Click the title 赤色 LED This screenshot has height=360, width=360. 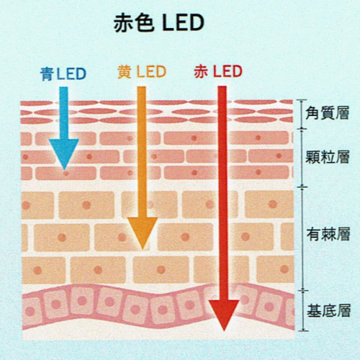[158, 23]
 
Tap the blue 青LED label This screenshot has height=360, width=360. [63, 73]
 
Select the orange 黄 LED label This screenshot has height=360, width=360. [142, 72]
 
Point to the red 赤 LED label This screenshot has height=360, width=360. [218, 71]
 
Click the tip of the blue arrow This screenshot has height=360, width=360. [64, 170]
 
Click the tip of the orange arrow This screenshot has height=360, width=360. [143, 249]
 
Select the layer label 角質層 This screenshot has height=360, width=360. [328, 113]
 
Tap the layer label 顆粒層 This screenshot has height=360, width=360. [328, 157]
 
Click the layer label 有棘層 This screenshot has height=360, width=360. [328, 234]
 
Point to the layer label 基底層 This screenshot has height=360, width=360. [329, 310]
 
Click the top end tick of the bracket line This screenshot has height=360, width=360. [302, 100]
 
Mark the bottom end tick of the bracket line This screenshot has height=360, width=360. [304, 330]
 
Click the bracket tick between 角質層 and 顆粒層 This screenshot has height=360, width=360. [302, 129]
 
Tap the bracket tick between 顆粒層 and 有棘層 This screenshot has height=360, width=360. [302, 187]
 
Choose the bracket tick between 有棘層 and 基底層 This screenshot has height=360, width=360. [303, 291]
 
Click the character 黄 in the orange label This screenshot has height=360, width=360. [125, 72]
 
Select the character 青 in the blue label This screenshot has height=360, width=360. [47, 74]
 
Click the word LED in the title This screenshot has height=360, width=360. [183, 23]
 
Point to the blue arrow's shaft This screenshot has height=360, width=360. [64, 113]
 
